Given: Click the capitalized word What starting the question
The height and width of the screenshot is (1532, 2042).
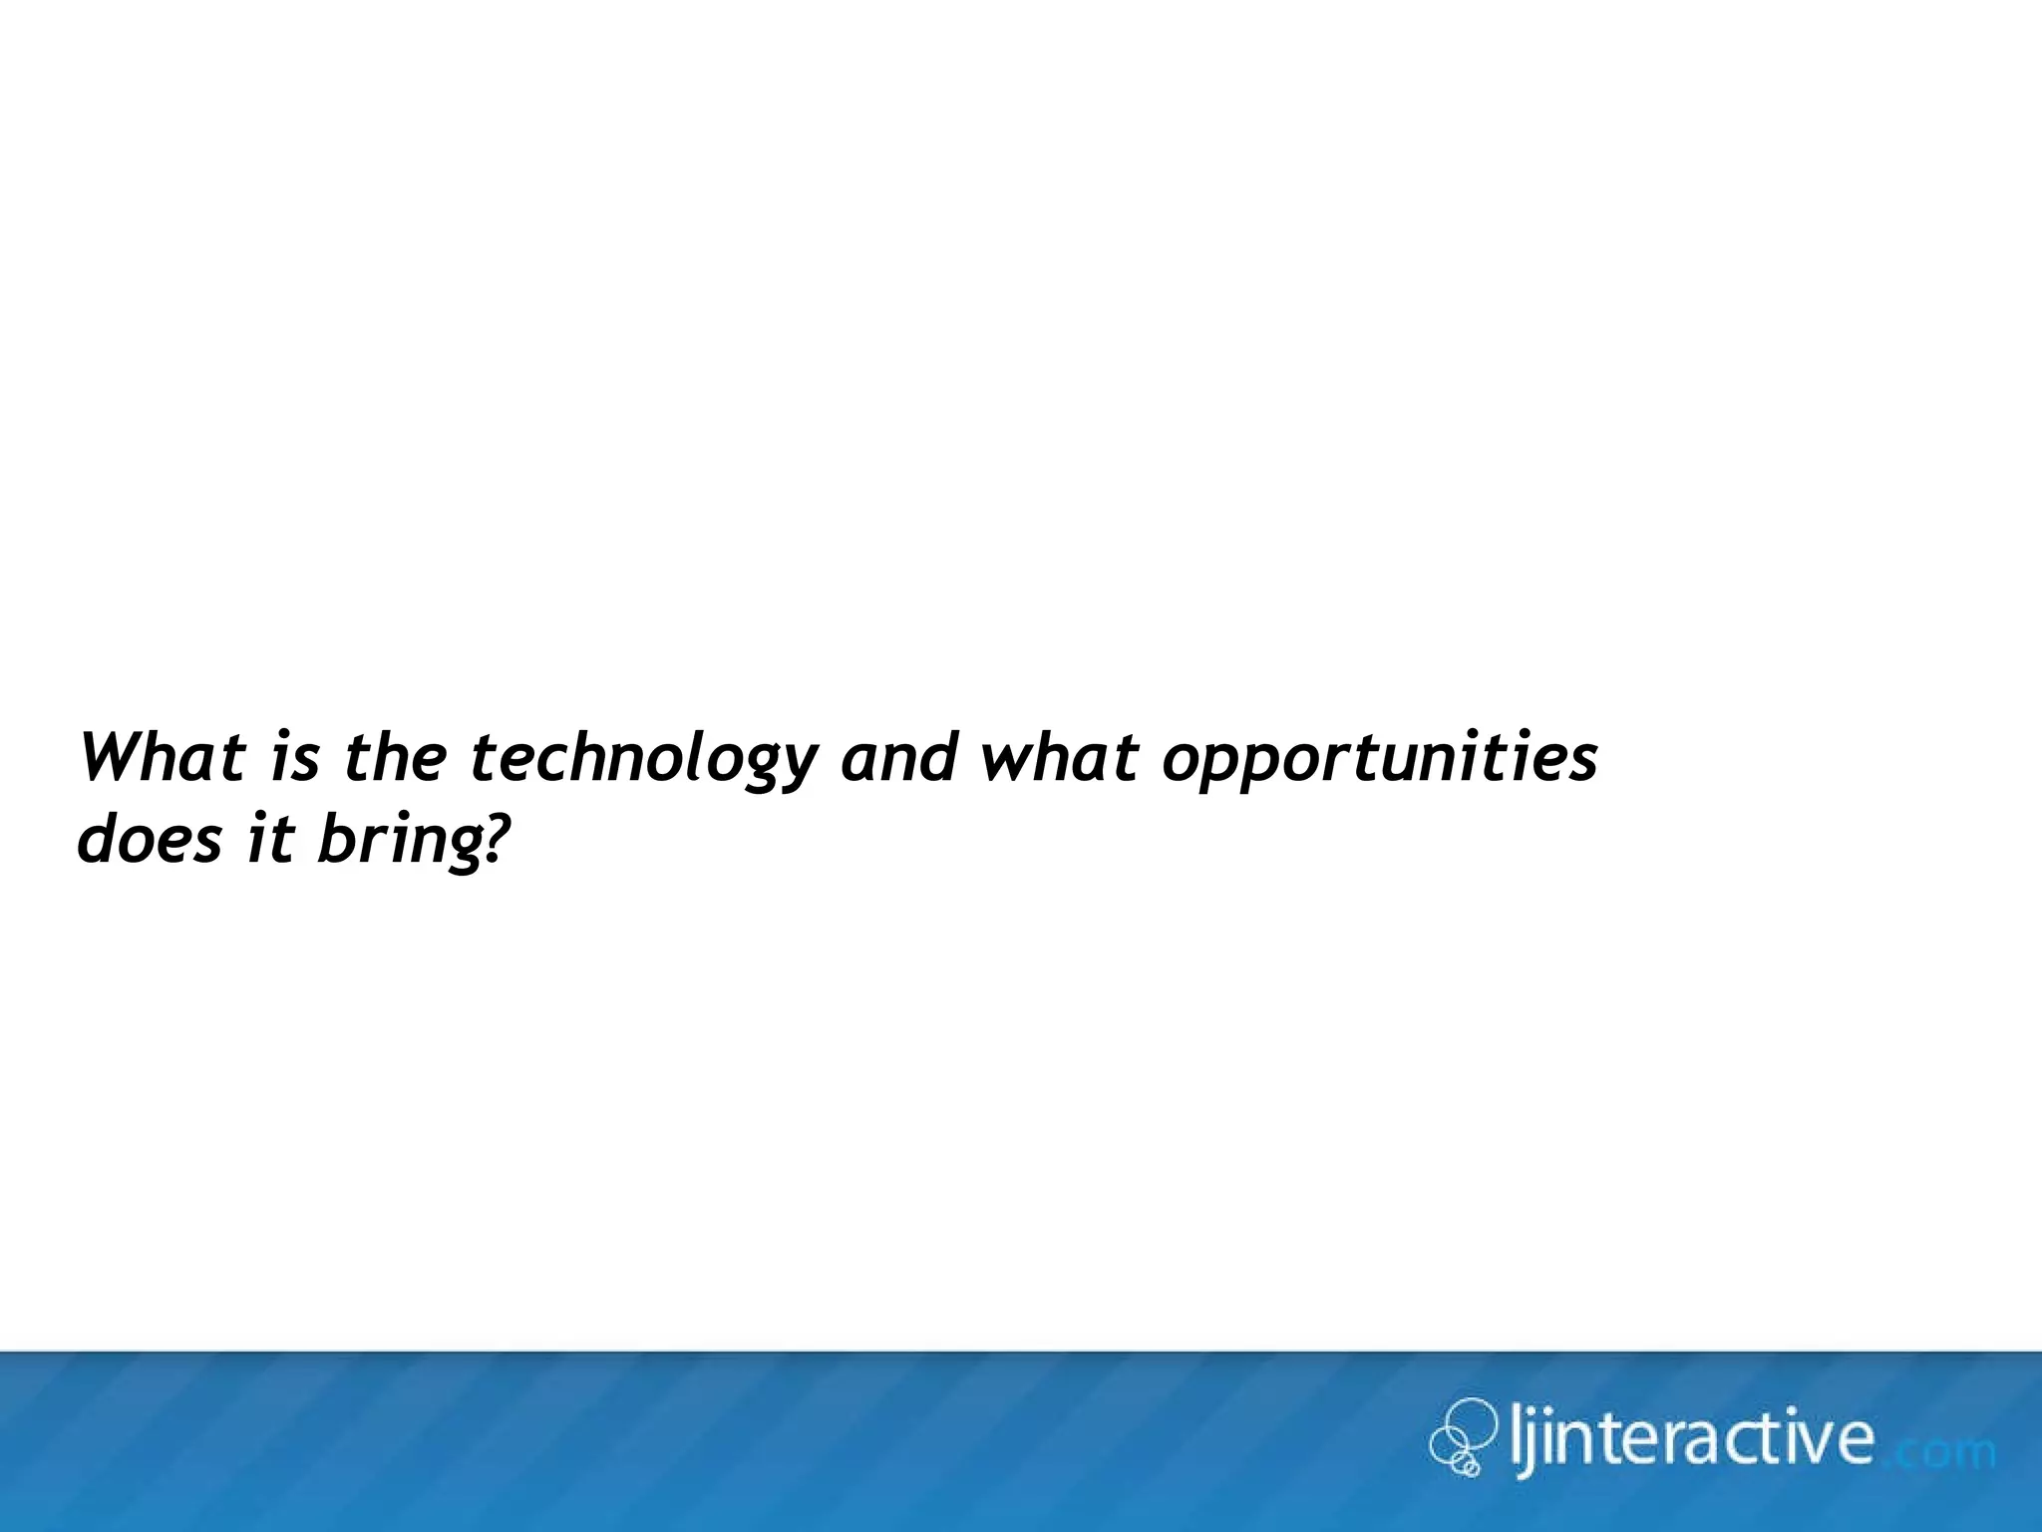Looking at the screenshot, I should point(163,757).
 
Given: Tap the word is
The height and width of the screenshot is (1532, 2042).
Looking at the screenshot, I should point(294,757).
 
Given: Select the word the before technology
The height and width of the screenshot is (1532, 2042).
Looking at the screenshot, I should point(395,757).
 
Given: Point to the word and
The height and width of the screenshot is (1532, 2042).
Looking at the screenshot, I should point(898,757).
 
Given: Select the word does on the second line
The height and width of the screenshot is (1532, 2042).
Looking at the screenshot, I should point(150,840).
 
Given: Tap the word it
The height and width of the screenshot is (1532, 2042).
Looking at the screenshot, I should point(270,840).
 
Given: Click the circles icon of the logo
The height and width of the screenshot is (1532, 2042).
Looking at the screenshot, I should point(1463,1437).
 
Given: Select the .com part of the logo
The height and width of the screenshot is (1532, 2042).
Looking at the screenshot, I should point(1939,1449).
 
